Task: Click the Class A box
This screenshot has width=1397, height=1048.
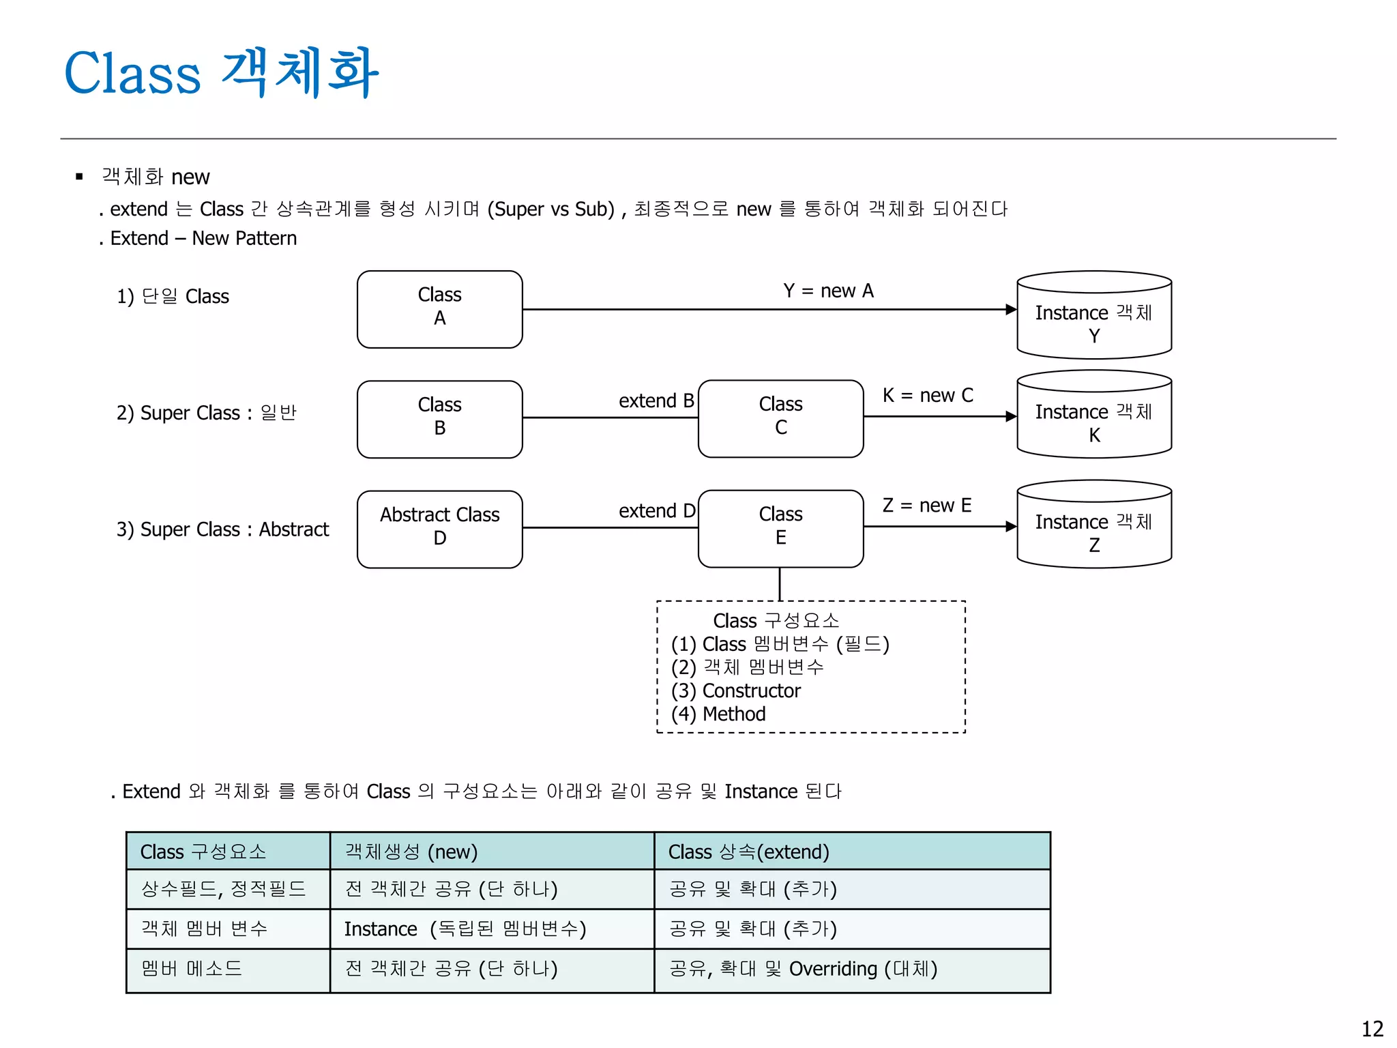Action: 439,309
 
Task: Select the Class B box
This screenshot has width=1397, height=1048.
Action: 439,419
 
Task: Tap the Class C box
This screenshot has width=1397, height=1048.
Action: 780,418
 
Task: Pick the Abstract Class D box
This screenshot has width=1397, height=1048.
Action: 439,529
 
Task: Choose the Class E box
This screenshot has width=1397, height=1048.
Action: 780,528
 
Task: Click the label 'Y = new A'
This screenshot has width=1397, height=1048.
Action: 828,291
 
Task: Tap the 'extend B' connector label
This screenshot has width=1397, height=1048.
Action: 656,401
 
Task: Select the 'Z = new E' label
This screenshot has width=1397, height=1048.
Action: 926,506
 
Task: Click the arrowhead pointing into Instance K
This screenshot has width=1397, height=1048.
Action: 1011,416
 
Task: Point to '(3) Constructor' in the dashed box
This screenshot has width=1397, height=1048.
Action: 735,691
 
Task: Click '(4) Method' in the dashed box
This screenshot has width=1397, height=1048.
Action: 718,714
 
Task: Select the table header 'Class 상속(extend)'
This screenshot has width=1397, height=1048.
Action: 748,852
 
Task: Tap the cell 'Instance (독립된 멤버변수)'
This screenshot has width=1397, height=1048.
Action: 465,929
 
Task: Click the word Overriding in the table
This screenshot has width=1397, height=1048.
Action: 833,969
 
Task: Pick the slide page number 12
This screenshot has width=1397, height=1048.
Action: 1372,1029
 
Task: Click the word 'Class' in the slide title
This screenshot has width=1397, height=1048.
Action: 132,73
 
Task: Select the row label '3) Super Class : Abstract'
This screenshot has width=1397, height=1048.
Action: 222,529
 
